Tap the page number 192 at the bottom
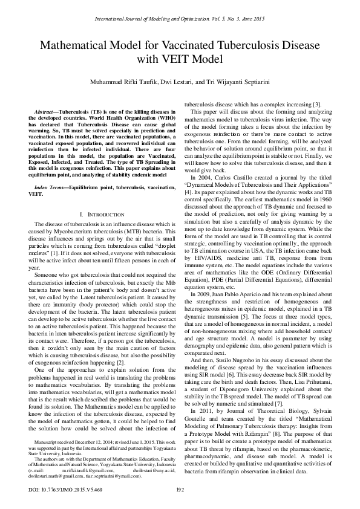coord(179,490)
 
